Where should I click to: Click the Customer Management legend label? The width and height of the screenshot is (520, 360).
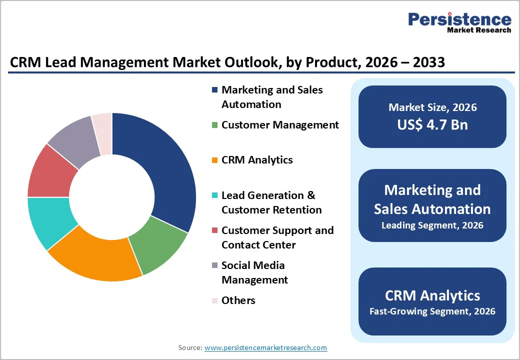click(280, 125)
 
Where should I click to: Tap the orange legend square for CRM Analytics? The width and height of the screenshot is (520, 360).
click(214, 160)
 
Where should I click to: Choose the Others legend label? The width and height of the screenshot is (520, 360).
click(238, 300)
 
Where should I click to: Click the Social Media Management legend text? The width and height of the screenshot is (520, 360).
click(254, 272)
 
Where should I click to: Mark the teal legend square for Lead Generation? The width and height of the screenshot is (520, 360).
click(214, 195)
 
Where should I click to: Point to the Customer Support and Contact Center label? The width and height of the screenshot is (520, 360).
click(277, 237)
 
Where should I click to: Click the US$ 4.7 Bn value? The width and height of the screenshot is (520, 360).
click(432, 124)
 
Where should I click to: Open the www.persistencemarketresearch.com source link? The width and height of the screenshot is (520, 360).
click(265, 347)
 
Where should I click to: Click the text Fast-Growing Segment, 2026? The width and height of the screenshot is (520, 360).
click(432, 311)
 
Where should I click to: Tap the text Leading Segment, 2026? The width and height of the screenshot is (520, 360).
click(432, 225)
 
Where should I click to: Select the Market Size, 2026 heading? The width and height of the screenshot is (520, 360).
click(432, 107)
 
